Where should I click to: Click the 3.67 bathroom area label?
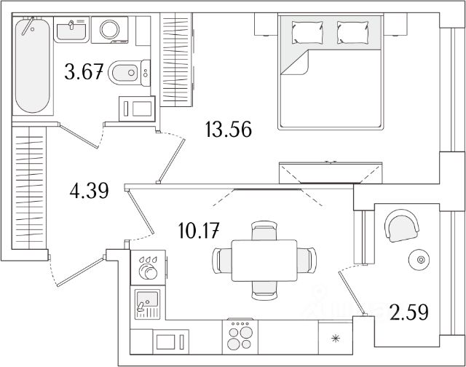tap(84, 72)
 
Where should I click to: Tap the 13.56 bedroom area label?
tap(228, 130)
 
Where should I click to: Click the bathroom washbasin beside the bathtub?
tap(73, 30)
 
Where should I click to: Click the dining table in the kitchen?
tap(264, 260)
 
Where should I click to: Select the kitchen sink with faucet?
tap(149, 302)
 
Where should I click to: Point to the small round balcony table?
tap(419, 258)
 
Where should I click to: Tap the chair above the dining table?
tap(264, 231)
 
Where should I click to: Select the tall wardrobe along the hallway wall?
tap(29, 187)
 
